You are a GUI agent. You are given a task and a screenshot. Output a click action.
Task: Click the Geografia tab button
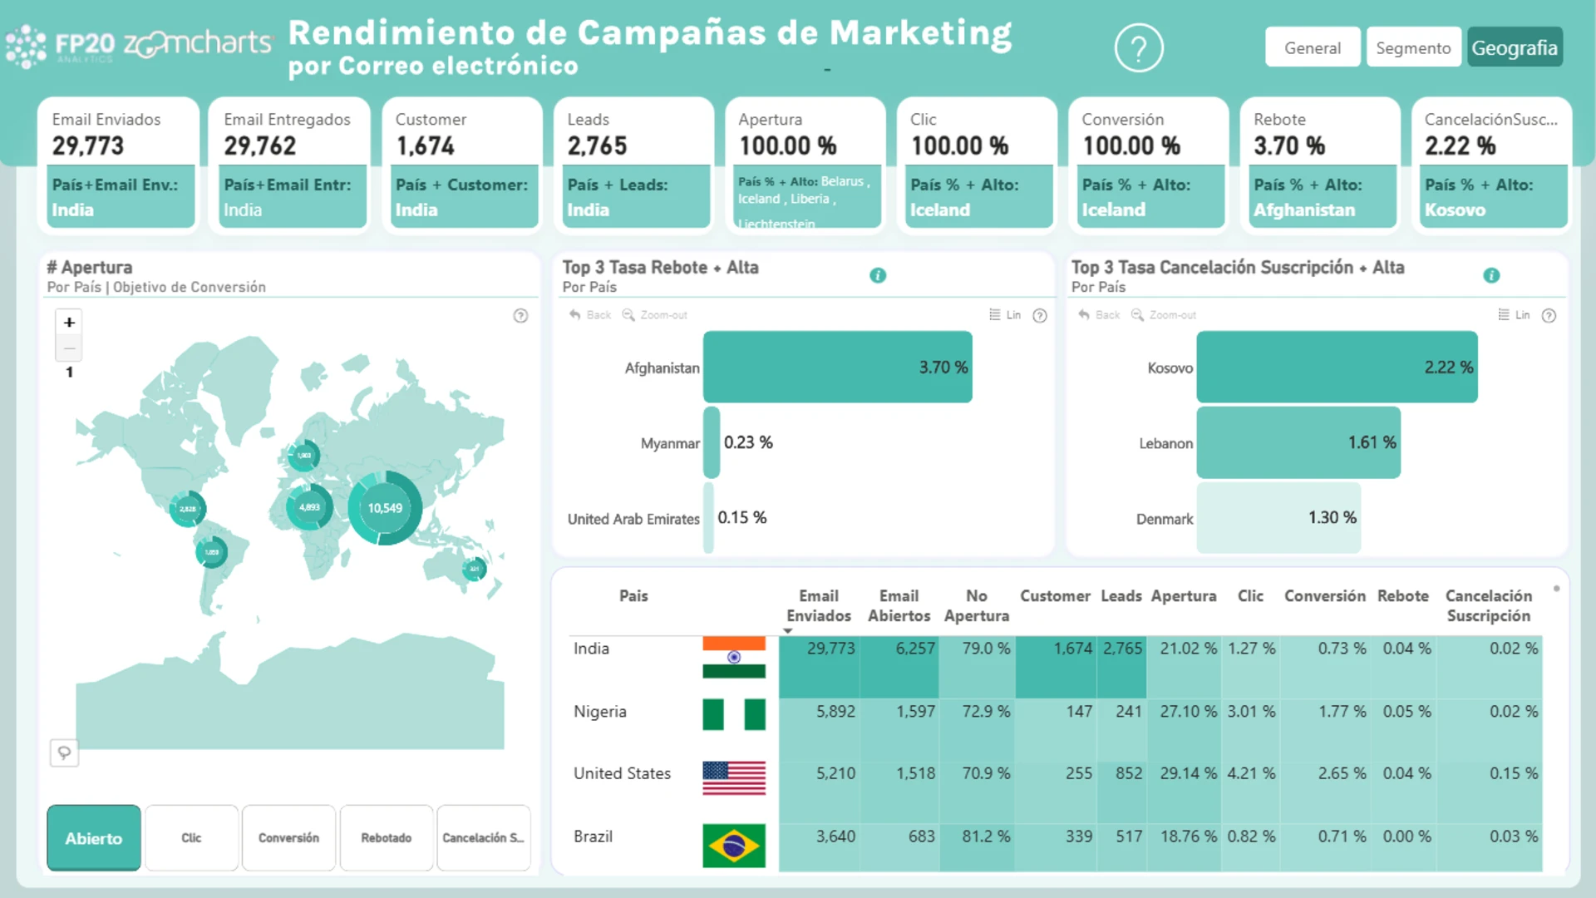pos(1515,47)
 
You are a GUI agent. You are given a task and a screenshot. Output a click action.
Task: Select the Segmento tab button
pos(1412,47)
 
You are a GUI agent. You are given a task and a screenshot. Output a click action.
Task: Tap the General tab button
pos(1312,47)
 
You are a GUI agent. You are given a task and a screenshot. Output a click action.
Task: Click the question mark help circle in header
pos(1138,48)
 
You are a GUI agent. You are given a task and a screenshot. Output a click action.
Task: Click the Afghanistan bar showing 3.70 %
pos(837,368)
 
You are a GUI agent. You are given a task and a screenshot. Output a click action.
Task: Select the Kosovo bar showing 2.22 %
pos(1337,368)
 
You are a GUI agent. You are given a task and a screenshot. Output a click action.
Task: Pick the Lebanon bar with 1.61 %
pos(1298,442)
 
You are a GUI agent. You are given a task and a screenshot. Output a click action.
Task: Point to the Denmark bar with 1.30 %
pos(1278,517)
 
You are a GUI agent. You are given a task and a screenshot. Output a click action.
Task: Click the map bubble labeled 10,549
pos(385,508)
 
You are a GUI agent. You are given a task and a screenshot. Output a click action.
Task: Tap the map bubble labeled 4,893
pos(309,507)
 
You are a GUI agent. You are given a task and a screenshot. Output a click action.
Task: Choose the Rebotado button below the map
pos(386,838)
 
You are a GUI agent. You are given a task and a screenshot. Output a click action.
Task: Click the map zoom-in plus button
pos(70,323)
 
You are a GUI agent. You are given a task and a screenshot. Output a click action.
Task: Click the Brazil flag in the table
pos(733,846)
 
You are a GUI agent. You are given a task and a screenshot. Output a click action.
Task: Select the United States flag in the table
pos(733,777)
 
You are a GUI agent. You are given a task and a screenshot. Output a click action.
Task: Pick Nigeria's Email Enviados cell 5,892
pos(835,712)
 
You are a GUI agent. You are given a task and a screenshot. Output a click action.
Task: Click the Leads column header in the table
pos(1121,596)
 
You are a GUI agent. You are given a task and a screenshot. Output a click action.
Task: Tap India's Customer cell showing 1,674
pos(1072,649)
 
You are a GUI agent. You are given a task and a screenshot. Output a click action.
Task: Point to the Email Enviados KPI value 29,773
pos(88,146)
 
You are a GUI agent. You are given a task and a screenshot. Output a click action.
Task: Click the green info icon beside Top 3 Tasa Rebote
pos(878,275)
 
